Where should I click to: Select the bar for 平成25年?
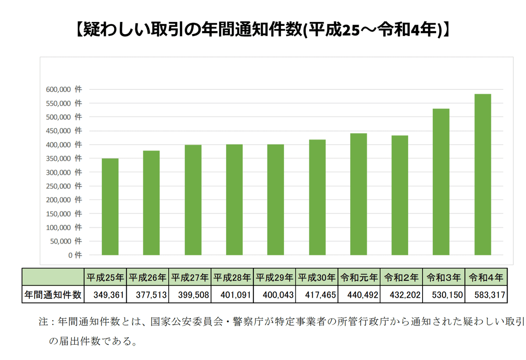coord(110,207)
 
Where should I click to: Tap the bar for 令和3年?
coord(441,182)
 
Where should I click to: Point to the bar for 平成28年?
coord(235,200)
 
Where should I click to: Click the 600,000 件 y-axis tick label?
coord(64,89)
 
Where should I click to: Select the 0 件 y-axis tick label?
coord(75,255)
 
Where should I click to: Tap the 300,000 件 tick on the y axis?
coord(64,172)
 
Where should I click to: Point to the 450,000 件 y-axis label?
coord(64,131)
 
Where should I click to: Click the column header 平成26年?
coord(147,277)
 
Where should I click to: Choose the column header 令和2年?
coord(401,277)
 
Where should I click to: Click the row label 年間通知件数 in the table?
coord(53,295)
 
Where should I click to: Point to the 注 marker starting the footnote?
coord(43,322)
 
